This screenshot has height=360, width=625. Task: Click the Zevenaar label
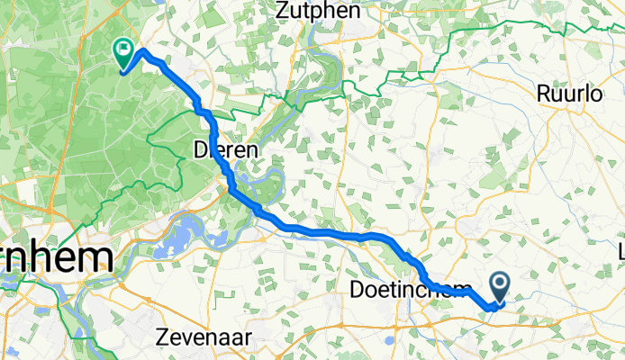(x=204, y=336)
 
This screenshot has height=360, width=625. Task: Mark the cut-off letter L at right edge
(x=620, y=249)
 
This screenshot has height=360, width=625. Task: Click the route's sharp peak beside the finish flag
(x=142, y=49)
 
